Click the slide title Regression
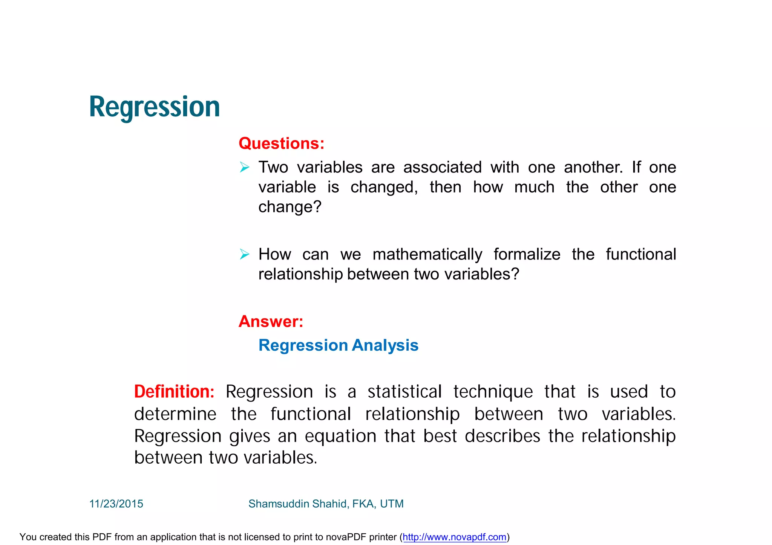pyautogui.click(x=154, y=107)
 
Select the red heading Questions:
pyautogui.click(x=281, y=144)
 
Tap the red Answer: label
pyautogui.click(x=271, y=321)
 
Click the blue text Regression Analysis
pyautogui.click(x=338, y=345)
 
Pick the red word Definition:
pyautogui.click(x=174, y=392)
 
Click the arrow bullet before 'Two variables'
pyautogui.click(x=245, y=167)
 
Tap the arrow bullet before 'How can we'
pyautogui.click(x=245, y=255)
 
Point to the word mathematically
pyautogui.click(x=427, y=255)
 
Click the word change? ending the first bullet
pyautogui.click(x=289, y=207)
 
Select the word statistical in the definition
pyautogui.click(x=404, y=392)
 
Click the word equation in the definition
pyautogui.click(x=340, y=436)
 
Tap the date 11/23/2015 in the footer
pyautogui.click(x=116, y=504)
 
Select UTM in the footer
pyautogui.click(x=392, y=504)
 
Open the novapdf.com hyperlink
pyautogui.click(x=454, y=537)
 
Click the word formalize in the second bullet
pyautogui.click(x=527, y=255)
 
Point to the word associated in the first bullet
pyautogui.click(x=442, y=167)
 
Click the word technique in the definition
pyautogui.click(x=493, y=392)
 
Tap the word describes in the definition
pyautogui.click(x=502, y=436)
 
